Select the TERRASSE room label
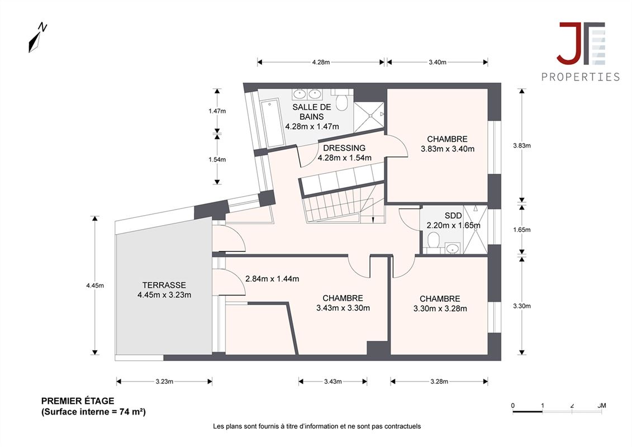pos(164,285)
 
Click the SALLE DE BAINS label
pos(312,112)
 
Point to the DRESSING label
pos(344,148)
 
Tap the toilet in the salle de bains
pos(342,100)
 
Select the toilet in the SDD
pos(433,241)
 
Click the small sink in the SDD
pos(453,248)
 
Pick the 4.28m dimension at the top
pos(321,62)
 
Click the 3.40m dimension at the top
pos(438,62)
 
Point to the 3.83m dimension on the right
pos(522,145)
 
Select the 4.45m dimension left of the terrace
pos(95,286)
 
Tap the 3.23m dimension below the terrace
pos(164,381)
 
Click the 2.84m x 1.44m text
pos(272,278)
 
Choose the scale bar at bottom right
pos(559,408)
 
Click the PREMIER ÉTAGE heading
pos(78,401)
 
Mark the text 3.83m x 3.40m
pos(448,149)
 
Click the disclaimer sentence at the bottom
pos(317,426)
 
